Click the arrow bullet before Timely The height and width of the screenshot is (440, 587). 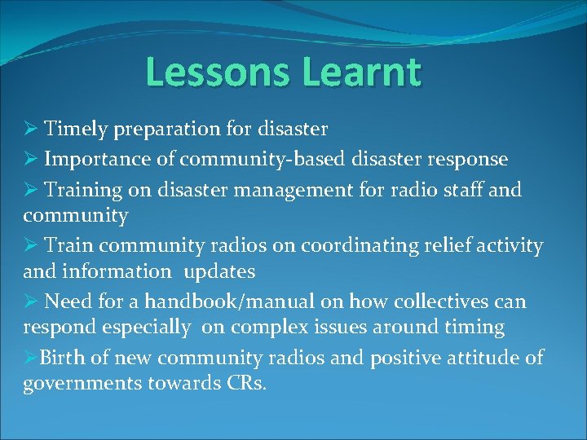30,129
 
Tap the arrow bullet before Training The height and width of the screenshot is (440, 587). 30,189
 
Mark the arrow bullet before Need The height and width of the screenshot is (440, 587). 30,301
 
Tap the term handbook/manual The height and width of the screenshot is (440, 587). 229,301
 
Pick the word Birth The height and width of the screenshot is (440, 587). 59,358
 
